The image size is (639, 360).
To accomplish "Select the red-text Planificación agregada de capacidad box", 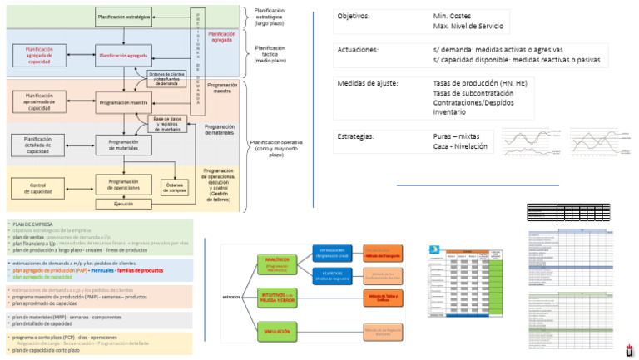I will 40,55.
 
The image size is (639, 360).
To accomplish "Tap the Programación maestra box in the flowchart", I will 123,102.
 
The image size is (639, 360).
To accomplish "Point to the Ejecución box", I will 123,203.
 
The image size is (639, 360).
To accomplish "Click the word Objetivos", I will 354,17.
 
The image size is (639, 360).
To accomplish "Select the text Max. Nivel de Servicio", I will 471,27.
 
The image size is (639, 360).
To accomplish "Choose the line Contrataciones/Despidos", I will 473,102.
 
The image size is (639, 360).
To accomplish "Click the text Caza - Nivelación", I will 460,146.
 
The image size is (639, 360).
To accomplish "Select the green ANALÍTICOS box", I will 278,264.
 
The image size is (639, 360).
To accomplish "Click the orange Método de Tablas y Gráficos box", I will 383,298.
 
